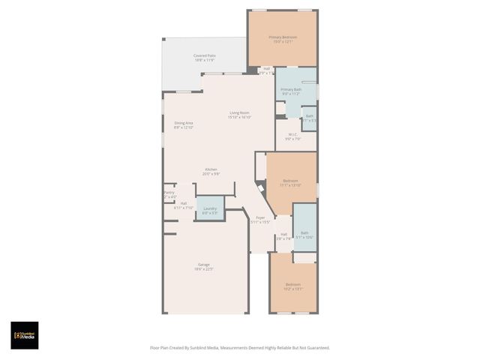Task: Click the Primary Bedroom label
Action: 283,37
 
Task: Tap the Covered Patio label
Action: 204,55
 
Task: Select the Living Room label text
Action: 239,112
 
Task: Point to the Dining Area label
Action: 184,123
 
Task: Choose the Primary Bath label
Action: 291,89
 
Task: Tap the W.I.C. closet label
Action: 292,135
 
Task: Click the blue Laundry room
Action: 210,208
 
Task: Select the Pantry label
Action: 169,192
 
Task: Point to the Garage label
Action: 203,264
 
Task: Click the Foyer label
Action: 259,217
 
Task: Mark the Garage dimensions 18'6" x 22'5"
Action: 203,268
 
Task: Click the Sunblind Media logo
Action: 24,335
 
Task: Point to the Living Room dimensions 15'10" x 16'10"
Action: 239,117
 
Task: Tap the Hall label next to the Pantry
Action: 183,203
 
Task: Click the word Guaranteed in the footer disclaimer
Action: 315,347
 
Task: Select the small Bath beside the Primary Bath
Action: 309,116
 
